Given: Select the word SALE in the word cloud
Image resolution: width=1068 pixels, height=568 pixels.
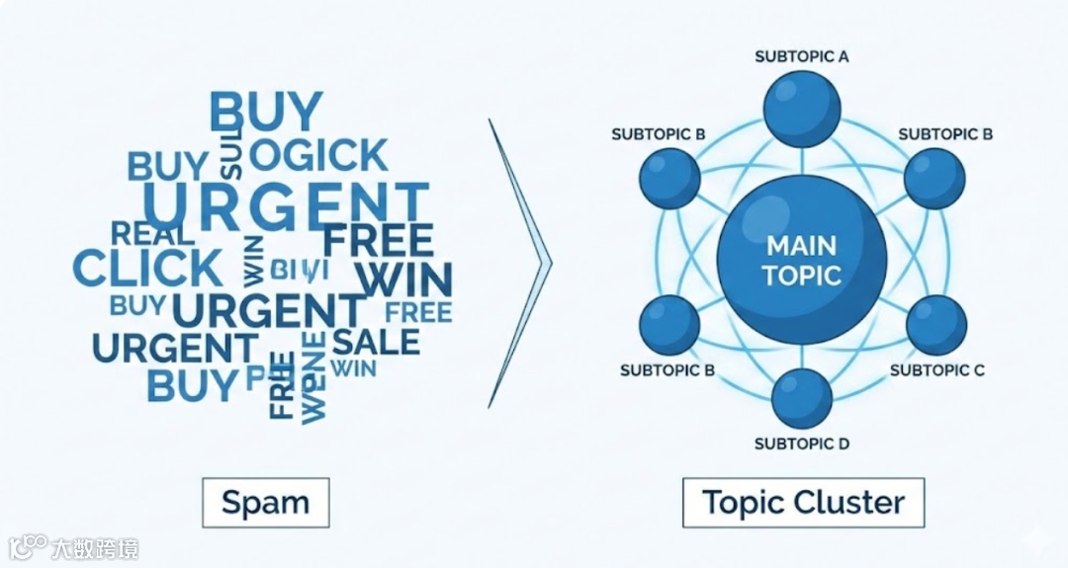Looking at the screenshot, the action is (x=376, y=342).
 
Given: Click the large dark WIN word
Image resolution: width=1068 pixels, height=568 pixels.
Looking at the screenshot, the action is (x=403, y=281).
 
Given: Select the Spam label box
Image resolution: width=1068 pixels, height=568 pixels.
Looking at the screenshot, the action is (x=265, y=503).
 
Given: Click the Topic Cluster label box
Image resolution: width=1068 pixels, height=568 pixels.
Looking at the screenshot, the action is (x=803, y=503).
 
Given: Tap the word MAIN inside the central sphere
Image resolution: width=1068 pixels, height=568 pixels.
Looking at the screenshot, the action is (x=802, y=244).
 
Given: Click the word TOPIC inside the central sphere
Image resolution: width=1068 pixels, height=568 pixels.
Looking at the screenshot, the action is (x=802, y=275).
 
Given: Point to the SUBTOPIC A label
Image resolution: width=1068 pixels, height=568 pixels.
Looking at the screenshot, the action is (x=802, y=56).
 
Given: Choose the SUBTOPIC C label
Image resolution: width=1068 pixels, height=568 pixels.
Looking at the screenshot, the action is (x=937, y=370).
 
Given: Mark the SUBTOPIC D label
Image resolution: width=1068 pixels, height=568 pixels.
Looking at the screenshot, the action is (x=802, y=444).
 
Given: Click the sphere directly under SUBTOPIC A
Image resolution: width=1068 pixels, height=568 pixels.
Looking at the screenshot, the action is (x=802, y=108).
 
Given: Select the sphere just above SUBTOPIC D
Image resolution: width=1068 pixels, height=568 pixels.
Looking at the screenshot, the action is (x=802, y=398).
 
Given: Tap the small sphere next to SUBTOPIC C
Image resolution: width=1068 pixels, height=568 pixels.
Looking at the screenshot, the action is (x=935, y=324).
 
